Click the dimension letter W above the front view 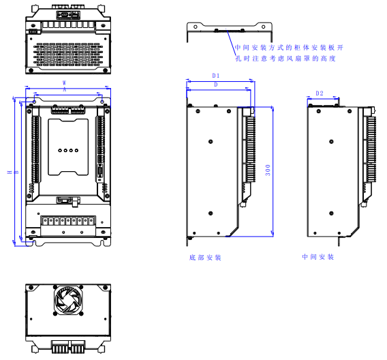pyautogui.click(x=64, y=82)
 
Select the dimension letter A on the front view pyautogui.click(x=64, y=89)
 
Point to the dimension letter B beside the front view pyautogui.click(x=16, y=172)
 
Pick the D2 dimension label pyautogui.click(x=320, y=93)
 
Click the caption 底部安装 pyautogui.click(x=205, y=258)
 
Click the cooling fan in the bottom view pyautogui.click(x=68, y=302)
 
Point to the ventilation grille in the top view pyautogui.click(x=67, y=52)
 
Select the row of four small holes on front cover pyautogui.click(x=68, y=151)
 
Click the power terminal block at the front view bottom pyautogui.click(x=68, y=221)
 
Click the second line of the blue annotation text pyautogui.click(x=286, y=59)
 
